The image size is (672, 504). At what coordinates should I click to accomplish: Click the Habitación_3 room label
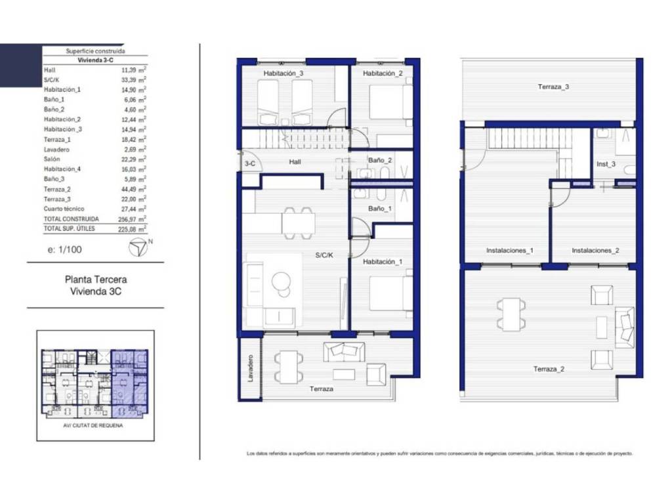pyautogui.click(x=283, y=73)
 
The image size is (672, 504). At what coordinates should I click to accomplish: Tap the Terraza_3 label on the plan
pyautogui.click(x=553, y=87)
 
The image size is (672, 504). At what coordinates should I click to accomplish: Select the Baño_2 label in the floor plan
pyautogui.click(x=380, y=160)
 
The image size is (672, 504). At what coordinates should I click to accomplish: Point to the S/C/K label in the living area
pyautogui.click(x=324, y=255)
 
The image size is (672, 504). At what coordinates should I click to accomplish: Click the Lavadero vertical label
pyautogui.click(x=250, y=368)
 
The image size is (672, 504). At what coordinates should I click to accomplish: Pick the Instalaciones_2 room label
pyautogui.click(x=595, y=250)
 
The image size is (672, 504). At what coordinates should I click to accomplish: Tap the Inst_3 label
pyautogui.click(x=606, y=164)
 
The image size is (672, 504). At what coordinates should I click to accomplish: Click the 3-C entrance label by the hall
pyautogui.click(x=250, y=163)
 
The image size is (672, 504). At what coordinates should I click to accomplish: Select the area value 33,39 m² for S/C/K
pyautogui.click(x=133, y=79)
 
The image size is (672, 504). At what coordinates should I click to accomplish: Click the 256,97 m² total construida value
pyautogui.click(x=132, y=219)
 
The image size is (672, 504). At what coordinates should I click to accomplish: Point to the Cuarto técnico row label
pyautogui.click(x=64, y=209)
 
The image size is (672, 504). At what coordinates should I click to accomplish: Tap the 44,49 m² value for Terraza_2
pyautogui.click(x=133, y=189)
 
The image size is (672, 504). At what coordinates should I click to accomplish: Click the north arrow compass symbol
pyautogui.click(x=138, y=247)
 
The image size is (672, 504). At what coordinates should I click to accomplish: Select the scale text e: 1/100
pyautogui.click(x=65, y=249)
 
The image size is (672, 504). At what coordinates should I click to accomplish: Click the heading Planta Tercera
pyautogui.click(x=96, y=280)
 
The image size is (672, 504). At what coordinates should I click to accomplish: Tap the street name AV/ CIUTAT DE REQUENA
pyautogui.click(x=93, y=425)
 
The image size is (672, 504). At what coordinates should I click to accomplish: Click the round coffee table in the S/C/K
pyautogui.click(x=281, y=282)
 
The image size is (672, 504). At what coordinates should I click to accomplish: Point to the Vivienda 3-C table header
pyautogui.click(x=96, y=60)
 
